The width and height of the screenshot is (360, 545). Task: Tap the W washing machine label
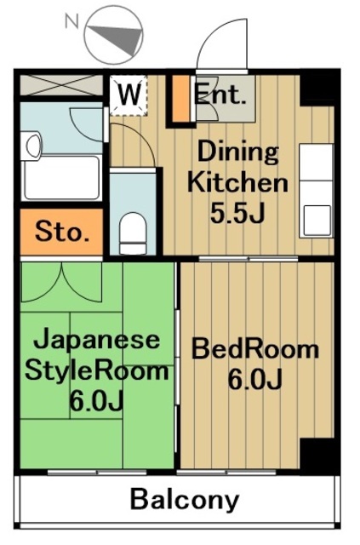pyautogui.click(x=129, y=94)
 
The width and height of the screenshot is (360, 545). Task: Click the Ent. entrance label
pyautogui.click(x=220, y=94)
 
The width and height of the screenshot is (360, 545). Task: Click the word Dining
pyautogui.click(x=238, y=153)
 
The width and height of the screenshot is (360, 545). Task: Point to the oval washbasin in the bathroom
pyautogui.click(x=33, y=144)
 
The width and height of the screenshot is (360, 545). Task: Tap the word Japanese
pyautogui.click(x=96, y=340)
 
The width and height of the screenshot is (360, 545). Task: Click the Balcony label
pyautogui.click(x=185, y=500)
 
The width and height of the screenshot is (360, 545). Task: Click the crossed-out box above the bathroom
pyautogui.click(x=60, y=86)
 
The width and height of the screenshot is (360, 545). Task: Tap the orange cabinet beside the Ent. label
pyautogui.click(x=180, y=100)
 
